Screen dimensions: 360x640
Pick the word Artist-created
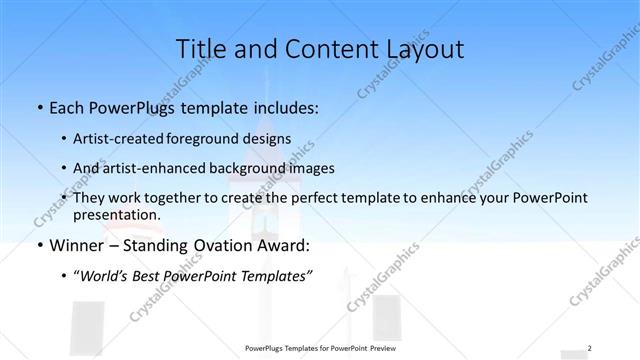click(x=129, y=139)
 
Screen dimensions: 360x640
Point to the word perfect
click(x=311, y=198)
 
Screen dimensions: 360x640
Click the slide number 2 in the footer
click(x=590, y=348)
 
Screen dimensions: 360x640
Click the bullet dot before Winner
click(x=39, y=246)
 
